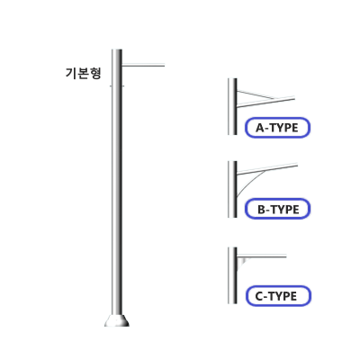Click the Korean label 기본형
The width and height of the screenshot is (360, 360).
click(84, 73)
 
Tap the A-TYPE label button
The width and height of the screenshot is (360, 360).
click(277, 128)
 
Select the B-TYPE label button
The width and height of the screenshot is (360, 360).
click(278, 209)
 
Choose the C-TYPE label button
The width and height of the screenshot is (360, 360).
click(278, 296)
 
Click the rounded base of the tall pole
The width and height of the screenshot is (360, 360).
click(117, 320)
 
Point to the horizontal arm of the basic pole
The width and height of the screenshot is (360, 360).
click(143, 65)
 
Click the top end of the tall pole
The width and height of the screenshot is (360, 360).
click(117, 49)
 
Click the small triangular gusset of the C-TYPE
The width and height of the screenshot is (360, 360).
click(241, 262)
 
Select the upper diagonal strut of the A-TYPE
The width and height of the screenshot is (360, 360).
click(256, 94)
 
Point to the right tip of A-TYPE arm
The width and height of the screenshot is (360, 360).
click(294, 97)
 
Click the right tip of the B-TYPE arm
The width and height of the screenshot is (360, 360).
click(297, 165)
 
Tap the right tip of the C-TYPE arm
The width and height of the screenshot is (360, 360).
click(285, 256)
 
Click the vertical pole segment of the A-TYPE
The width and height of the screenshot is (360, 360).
click(232, 106)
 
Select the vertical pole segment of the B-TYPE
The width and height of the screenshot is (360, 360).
click(232, 189)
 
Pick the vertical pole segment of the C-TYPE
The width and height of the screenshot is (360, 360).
click(232, 275)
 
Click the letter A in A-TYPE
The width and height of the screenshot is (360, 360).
click(259, 128)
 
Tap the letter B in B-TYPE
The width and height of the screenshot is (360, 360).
click(262, 210)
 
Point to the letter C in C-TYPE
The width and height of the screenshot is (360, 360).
click(259, 296)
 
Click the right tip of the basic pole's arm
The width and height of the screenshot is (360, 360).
click(164, 65)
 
